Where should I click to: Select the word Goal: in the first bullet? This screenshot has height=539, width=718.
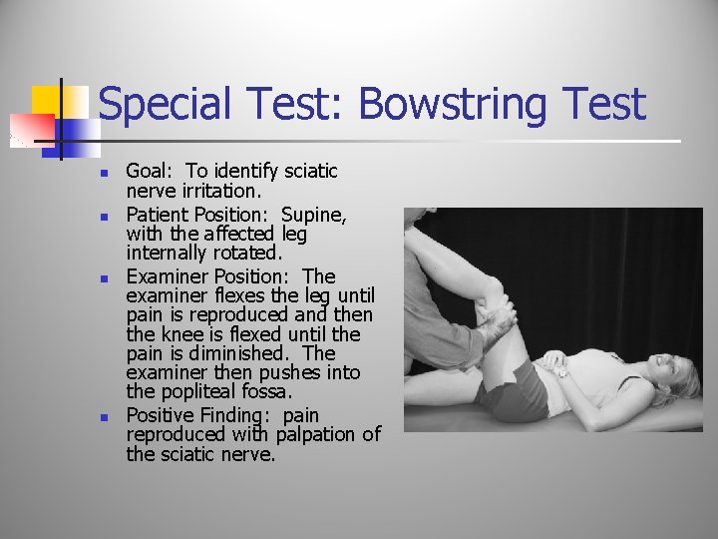point(150,172)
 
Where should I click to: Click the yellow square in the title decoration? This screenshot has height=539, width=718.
point(48,100)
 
